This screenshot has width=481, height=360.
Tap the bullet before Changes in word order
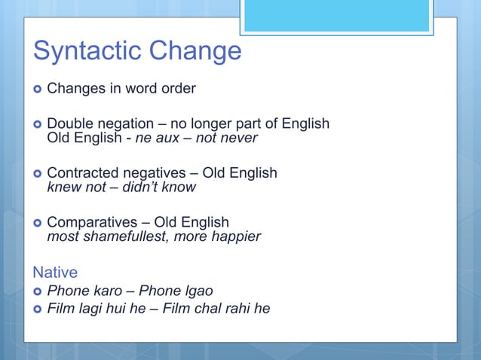tap(38, 89)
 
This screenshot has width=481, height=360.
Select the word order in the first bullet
tap(178, 89)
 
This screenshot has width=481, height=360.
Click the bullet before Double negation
tap(38, 124)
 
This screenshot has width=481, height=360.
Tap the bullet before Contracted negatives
tap(38, 173)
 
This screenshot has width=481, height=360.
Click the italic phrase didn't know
tap(159, 188)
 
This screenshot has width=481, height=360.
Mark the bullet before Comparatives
tap(38, 223)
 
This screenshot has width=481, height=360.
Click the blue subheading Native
tap(54, 271)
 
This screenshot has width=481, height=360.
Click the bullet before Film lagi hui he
tap(38, 309)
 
